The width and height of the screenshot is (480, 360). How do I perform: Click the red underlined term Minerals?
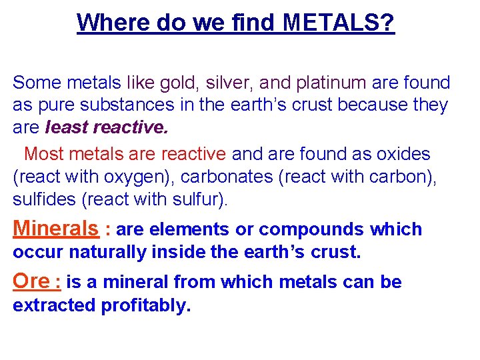[55, 229]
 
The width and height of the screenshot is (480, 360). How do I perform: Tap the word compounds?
[311, 230]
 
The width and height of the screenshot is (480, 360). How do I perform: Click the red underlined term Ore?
[31, 281]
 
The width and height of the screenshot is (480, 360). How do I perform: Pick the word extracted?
[54, 306]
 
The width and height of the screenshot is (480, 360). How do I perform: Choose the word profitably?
[145, 306]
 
